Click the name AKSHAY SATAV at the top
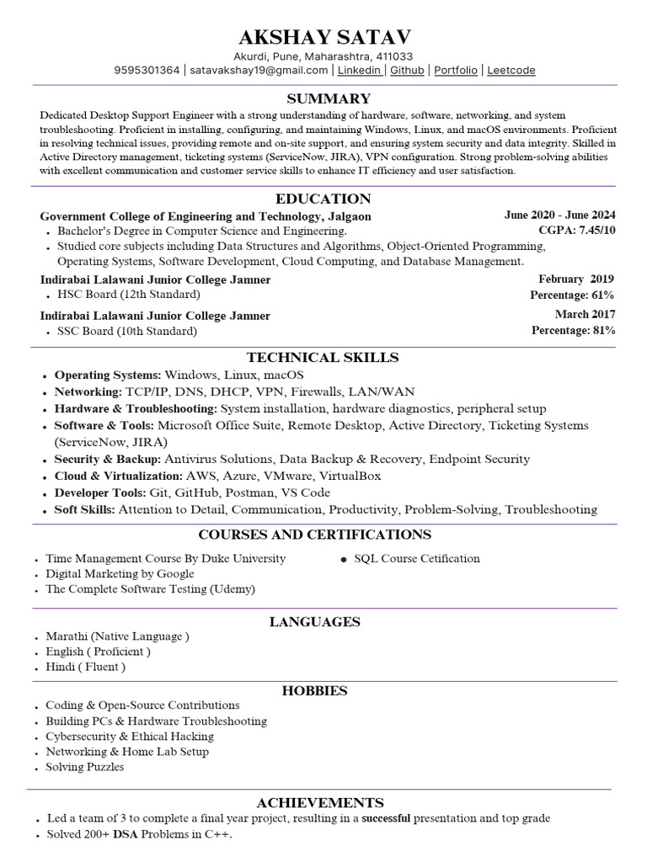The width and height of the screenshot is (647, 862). (x=324, y=37)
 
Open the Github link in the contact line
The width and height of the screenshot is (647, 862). (x=407, y=71)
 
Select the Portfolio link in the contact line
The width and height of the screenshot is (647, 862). (x=455, y=71)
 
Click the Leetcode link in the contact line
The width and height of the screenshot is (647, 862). (x=511, y=71)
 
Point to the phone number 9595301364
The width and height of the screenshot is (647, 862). (x=147, y=71)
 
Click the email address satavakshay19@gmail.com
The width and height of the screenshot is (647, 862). (x=259, y=71)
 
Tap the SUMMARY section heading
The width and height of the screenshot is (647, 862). (x=329, y=98)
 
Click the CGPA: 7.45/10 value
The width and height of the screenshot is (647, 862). (x=577, y=230)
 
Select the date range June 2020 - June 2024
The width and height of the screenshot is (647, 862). (x=559, y=215)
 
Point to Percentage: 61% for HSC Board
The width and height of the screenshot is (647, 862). (x=572, y=295)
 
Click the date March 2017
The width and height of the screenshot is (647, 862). (x=585, y=314)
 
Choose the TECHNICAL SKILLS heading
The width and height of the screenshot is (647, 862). (x=323, y=358)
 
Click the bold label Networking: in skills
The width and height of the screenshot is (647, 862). (x=88, y=391)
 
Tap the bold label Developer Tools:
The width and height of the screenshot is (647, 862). (x=100, y=492)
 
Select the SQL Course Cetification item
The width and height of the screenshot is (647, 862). (x=417, y=558)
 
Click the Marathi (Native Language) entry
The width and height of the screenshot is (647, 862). (x=117, y=636)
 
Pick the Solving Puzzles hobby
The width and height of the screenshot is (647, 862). (x=84, y=767)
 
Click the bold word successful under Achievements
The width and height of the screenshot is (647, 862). (x=386, y=818)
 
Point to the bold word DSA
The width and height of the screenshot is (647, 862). (x=126, y=834)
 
